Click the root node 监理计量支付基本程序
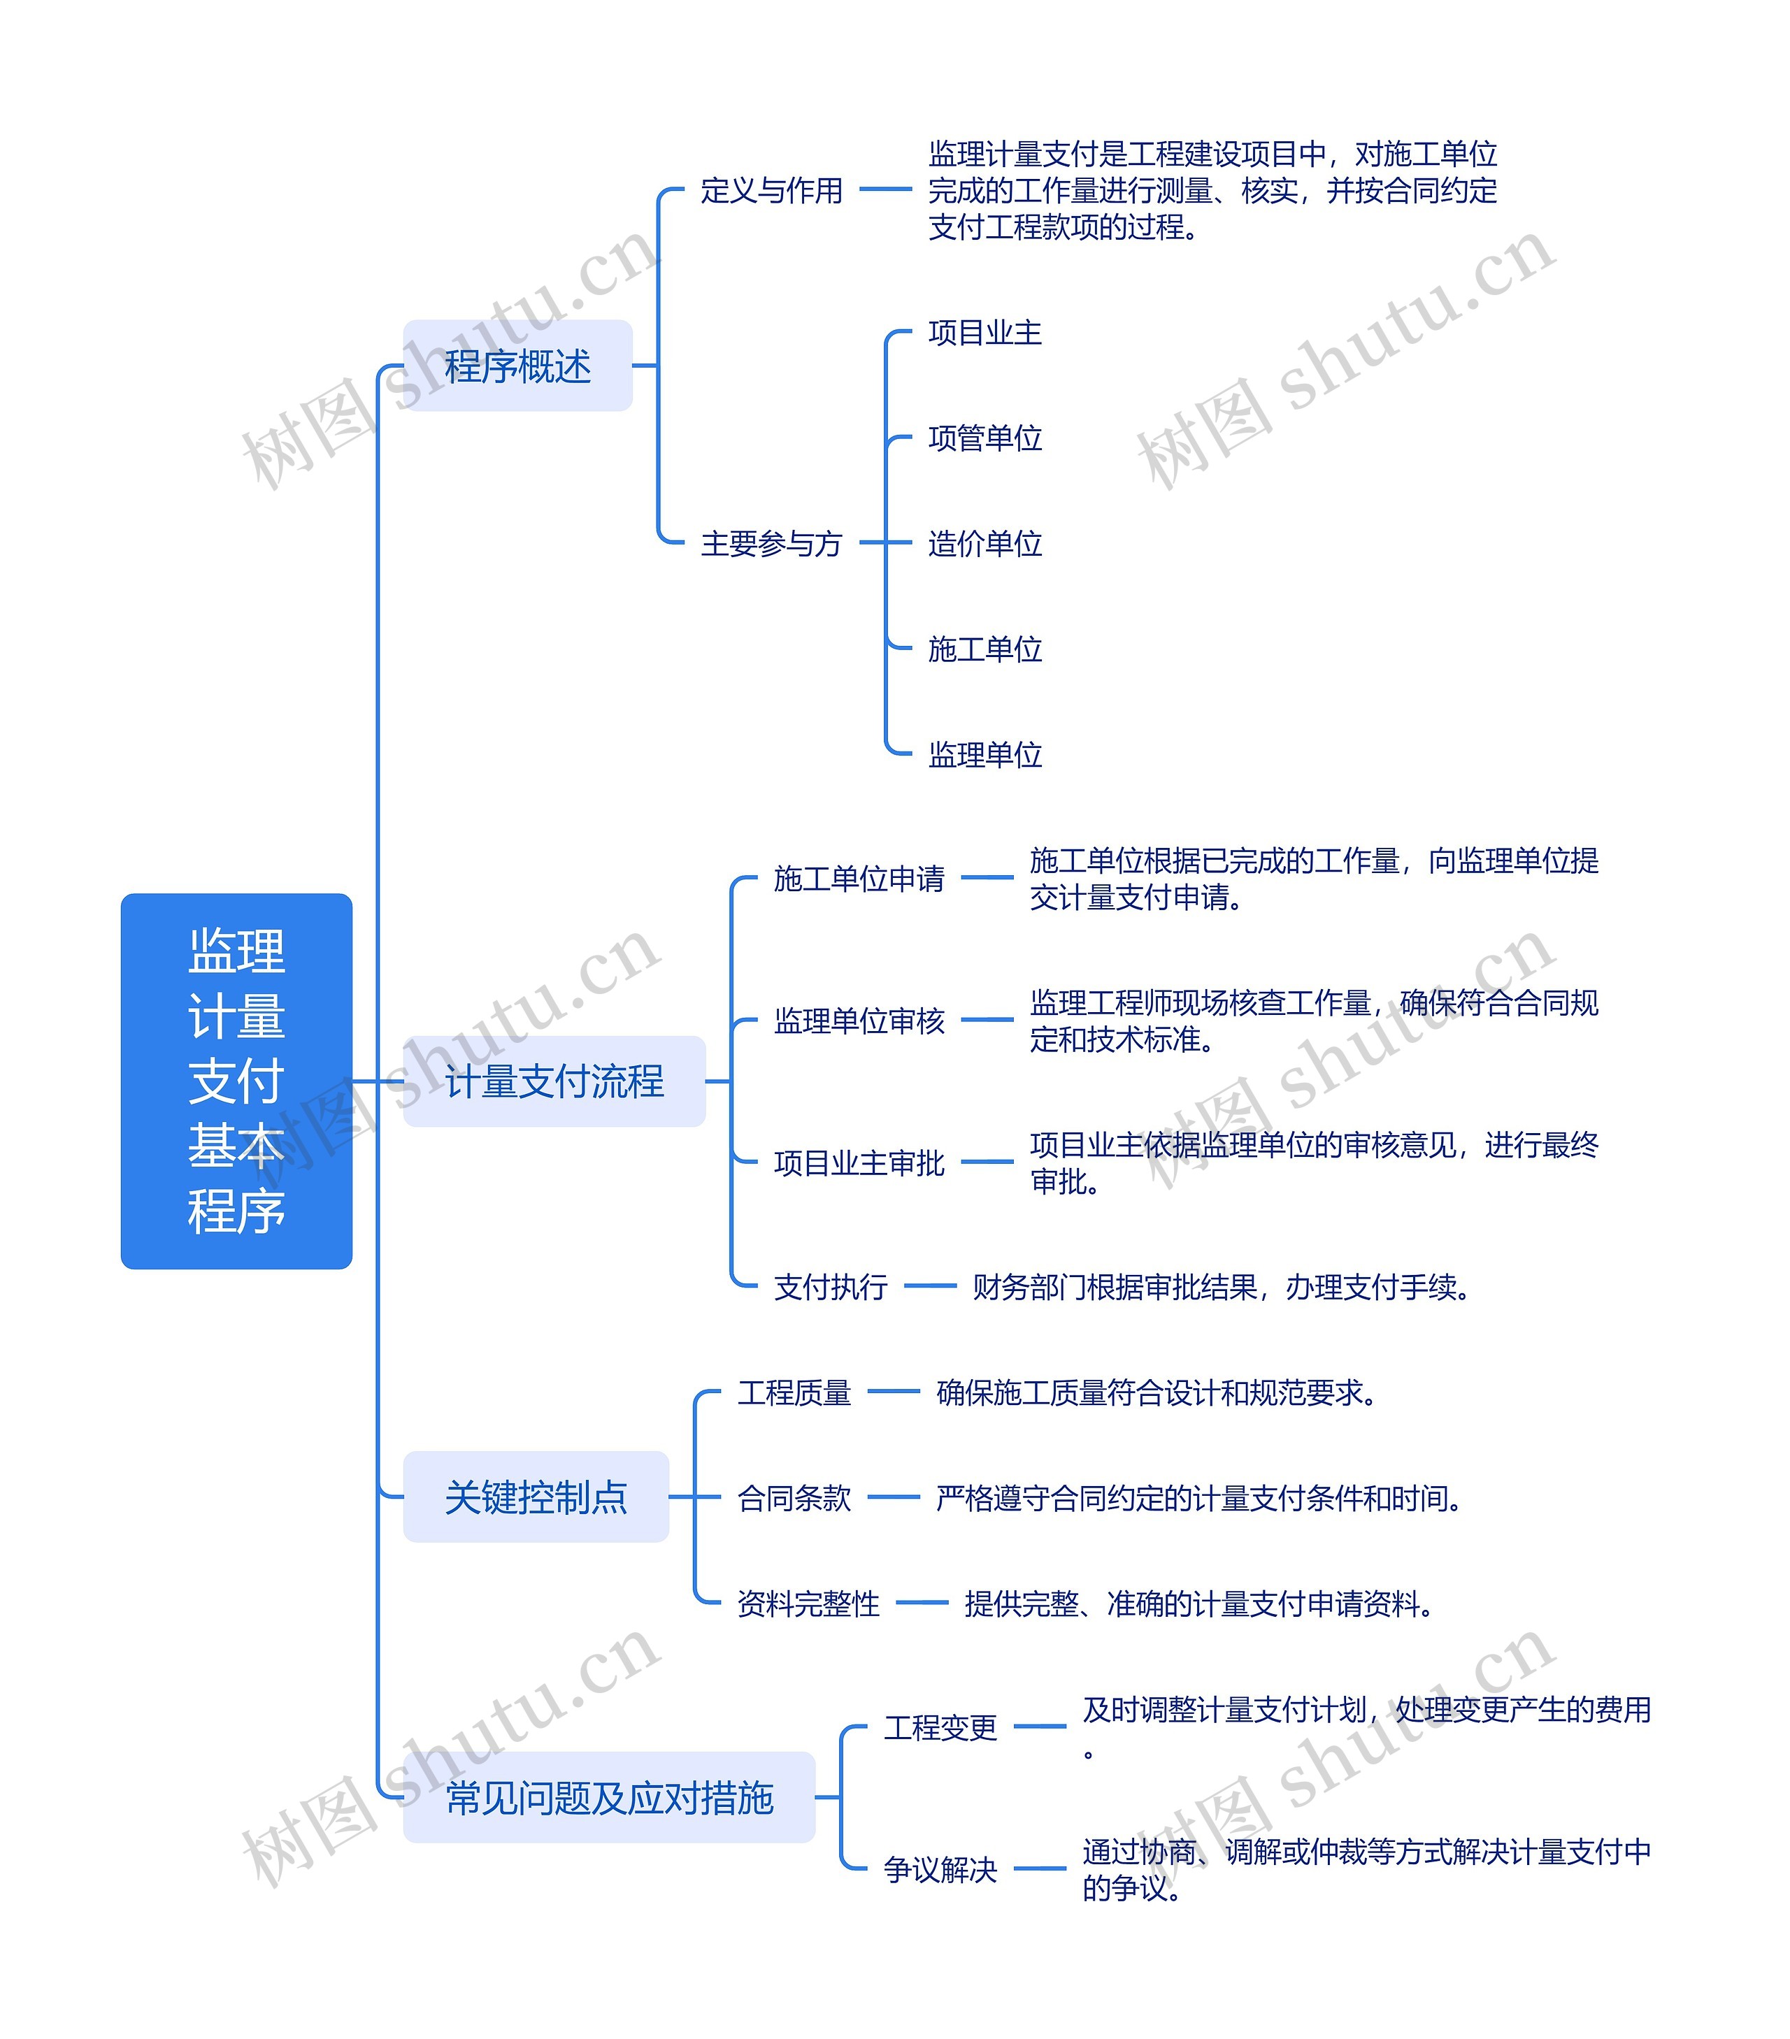pyautogui.click(x=236, y=1081)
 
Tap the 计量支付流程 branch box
pyautogui.click(x=554, y=1081)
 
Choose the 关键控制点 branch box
pyautogui.click(x=536, y=1497)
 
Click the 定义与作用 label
pyautogui.click(x=771, y=189)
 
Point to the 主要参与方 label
pyautogui.click(x=771, y=544)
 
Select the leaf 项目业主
pyautogui.click(x=984, y=332)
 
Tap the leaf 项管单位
pyautogui.click(x=984, y=438)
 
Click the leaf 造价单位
pyautogui.click(x=984, y=544)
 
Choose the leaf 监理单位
pyautogui.click(x=984, y=755)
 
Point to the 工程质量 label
pyautogui.click(x=794, y=1392)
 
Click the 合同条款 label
pyautogui.click(x=794, y=1497)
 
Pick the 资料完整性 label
pyautogui.click(x=808, y=1603)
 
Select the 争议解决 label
pyautogui.click(x=940, y=1868)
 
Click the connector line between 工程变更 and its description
pyautogui.click(x=1040, y=1727)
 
